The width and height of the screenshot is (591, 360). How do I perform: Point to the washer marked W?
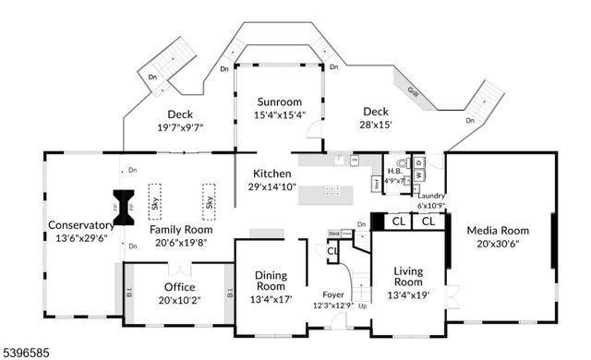click(419, 174)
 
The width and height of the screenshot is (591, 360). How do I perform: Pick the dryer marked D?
click(419, 163)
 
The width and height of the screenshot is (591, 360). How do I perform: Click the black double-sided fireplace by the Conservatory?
click(122, 201)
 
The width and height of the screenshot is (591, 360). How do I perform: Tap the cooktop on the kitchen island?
click(332, 192)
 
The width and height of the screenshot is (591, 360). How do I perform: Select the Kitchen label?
click(273, 174)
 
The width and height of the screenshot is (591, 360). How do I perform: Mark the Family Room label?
click(181, 230)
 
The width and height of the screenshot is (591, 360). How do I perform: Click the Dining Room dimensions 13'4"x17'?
click(271, 299)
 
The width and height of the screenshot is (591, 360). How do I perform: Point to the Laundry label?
click(431, 196)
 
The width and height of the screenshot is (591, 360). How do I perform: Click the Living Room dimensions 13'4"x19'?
click(408, 295)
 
